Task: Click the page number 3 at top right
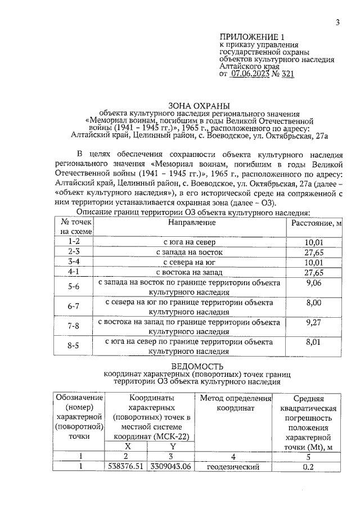click(x=337, y=22)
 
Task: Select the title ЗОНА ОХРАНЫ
click(x=196, y=105)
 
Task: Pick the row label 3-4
click(x=74, y=262)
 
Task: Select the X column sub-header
click(x=128, y=445)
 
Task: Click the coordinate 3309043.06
click(x=170, y=467)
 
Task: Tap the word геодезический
click(x=233, y=467)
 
